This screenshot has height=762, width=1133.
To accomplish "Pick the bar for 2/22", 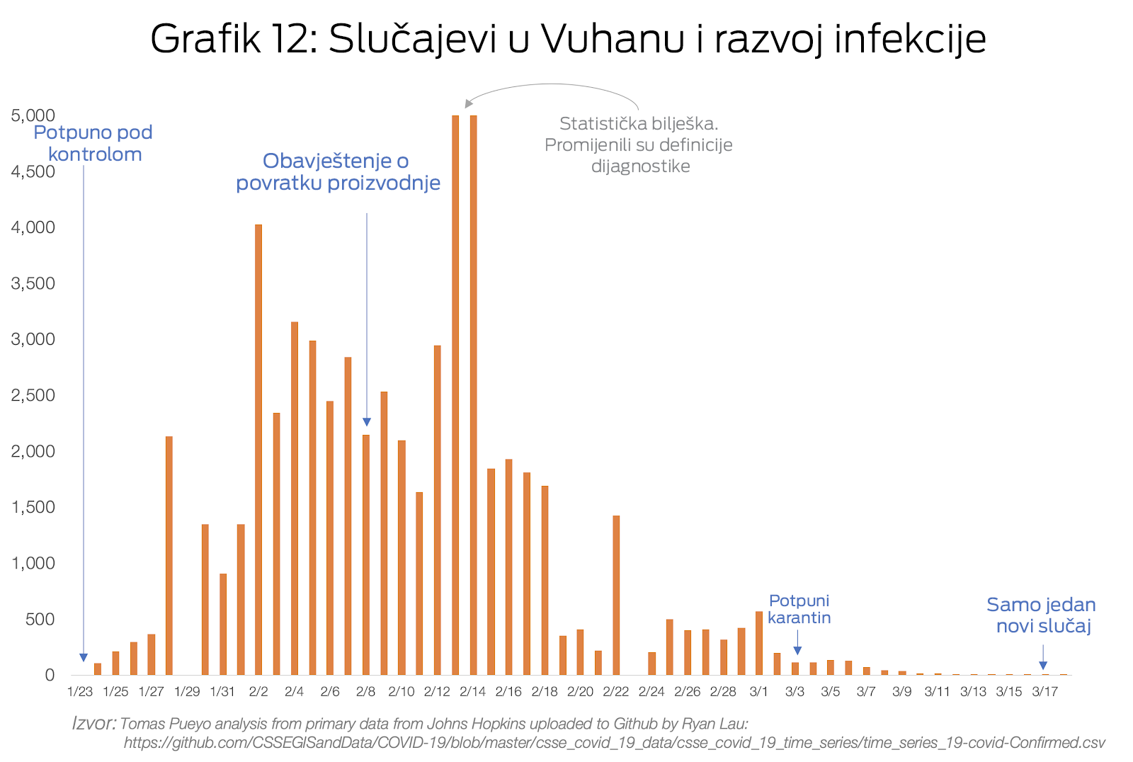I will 616,595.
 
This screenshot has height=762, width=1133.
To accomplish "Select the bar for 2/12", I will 438,510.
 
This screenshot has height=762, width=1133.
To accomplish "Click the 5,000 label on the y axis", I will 33,115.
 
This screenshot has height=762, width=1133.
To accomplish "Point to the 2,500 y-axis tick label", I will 33,395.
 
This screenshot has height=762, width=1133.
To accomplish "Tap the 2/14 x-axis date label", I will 473,692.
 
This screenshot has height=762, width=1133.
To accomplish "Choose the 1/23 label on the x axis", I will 80,692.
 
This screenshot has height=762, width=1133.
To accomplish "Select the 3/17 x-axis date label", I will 1044,692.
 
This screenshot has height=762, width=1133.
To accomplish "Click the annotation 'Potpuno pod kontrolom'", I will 93,143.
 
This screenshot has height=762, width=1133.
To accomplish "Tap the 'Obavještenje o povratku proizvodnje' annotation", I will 338,171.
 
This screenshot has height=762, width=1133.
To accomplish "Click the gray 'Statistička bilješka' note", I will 638,144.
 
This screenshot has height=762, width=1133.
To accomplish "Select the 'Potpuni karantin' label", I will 799,609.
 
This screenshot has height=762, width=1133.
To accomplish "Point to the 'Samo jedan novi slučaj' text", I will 1042,615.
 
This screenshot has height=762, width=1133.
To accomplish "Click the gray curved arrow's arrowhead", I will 468,105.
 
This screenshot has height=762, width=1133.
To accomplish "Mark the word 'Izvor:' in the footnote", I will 94,723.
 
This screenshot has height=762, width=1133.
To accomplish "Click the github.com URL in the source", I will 614,742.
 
